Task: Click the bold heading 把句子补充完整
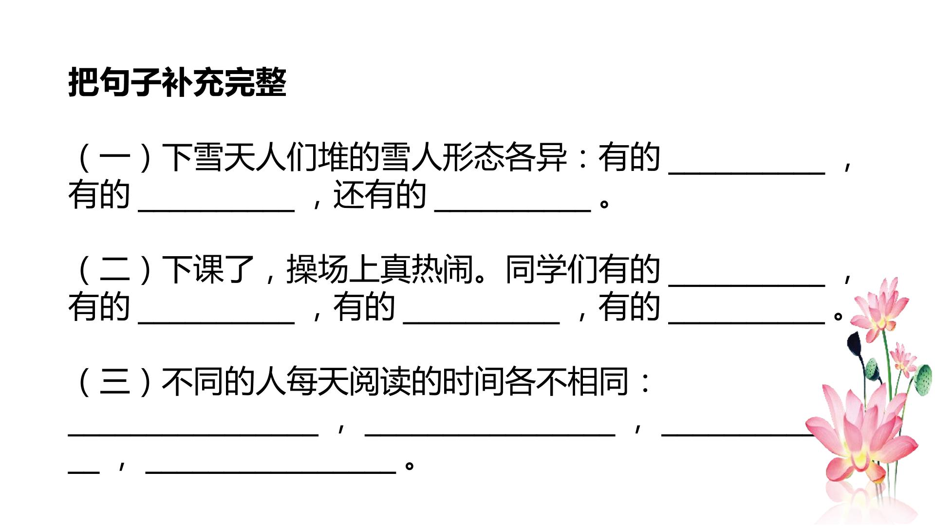click(177, 82)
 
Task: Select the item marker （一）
click(115, 158)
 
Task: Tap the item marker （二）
click(115, 270)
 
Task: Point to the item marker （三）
click(115, 382)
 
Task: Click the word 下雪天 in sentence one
click(208, 158)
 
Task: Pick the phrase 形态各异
click(505, 158)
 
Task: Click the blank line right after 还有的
click(512, 210)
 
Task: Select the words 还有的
click(379, 195)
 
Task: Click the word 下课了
click(208, 270)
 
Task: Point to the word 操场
click(317, 270)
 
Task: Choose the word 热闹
click(442, 270)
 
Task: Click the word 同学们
click(551, 270)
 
